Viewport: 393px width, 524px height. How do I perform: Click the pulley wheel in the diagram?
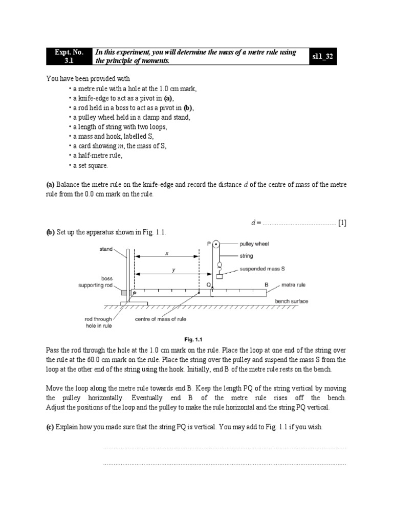216,245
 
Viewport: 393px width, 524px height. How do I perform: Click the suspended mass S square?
220,277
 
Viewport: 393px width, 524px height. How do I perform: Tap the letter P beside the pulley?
209,244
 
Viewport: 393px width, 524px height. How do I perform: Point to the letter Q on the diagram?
208,285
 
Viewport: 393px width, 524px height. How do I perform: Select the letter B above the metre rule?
266,285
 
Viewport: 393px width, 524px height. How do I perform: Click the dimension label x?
166,252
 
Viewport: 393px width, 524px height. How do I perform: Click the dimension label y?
173,270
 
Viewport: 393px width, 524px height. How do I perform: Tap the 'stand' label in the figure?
106,249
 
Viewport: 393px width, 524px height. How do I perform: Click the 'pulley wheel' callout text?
254,244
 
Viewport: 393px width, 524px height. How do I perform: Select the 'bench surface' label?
292,301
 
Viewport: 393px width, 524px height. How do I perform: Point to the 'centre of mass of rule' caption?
161,319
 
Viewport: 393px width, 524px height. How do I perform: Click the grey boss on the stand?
124,293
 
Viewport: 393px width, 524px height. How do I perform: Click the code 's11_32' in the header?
322,57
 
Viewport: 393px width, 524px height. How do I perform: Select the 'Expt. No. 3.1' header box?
68,57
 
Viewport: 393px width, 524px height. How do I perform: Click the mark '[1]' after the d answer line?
342,223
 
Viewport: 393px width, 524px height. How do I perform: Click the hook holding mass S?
220,267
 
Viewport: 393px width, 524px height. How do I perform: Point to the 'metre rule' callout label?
294,285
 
